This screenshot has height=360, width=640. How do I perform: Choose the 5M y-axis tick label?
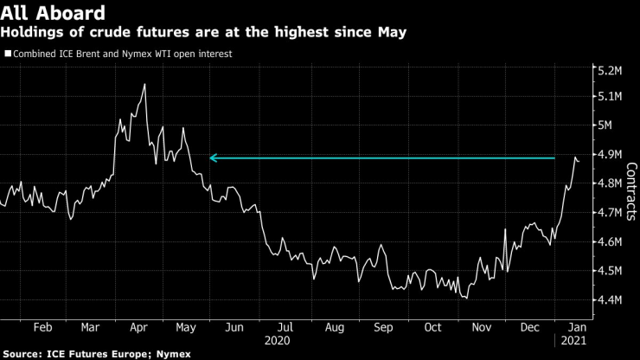605,125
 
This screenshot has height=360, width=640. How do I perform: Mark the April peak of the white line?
144,84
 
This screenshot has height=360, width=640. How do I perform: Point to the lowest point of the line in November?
467,299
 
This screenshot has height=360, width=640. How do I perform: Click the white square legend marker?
7,54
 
